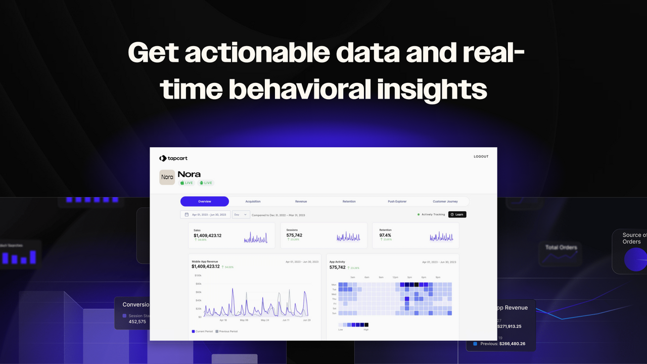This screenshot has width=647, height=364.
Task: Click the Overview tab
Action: click(x=205, y=201)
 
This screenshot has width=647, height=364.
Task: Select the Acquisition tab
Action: click(x=253, y=201)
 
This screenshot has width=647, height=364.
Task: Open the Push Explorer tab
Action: click(x=397, y=201)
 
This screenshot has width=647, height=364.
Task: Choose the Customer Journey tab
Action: click(x=445, y=201)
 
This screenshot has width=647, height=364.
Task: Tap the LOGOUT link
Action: click(x=481, y=157)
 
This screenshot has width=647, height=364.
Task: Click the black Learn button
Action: click(x=457, y=214)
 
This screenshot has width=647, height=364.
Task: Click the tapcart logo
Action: click(x=173, y=158)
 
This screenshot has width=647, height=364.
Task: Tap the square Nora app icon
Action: click(x=167, y=177)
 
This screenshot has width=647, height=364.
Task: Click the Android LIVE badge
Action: click(x=205, y=183)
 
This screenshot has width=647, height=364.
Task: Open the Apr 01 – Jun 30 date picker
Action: click(x=205, y=214)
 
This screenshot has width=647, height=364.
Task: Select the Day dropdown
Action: click(x=241, y=214)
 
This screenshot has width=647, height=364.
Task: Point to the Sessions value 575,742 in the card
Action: click(x=294, y=235)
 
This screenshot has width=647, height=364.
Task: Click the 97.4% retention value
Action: click(x=385, y=235)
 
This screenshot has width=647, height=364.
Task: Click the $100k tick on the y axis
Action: click(x=198, y=276)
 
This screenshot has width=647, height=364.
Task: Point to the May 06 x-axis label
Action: click(x=244, y=320)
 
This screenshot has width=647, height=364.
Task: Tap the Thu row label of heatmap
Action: click(x=334, y=299)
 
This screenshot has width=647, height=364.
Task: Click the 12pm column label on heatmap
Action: click(x=395, y=277)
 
